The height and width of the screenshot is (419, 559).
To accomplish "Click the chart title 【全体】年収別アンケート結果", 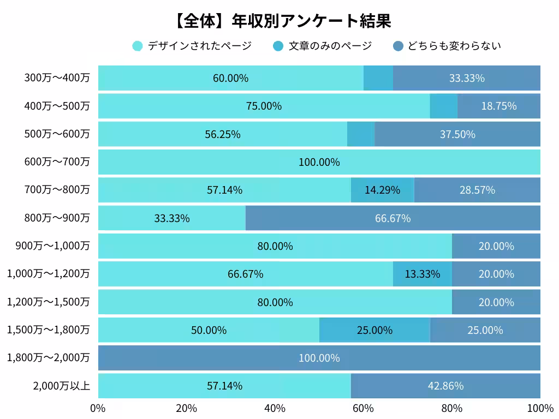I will coord(282,21).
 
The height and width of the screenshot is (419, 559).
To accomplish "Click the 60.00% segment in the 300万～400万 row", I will coord(230,78).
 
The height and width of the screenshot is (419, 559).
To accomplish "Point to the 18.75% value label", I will coord(498,106).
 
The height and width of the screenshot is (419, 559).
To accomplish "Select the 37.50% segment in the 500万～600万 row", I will coord(457,134).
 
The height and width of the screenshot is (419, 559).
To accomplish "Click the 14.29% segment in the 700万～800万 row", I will coord(382,190).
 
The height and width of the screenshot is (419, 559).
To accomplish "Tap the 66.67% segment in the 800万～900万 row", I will coord(393,218).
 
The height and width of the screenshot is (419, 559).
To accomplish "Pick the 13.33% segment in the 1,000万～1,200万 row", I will coord(422,274).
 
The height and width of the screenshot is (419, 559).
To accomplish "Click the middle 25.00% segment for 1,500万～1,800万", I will coord(374,330).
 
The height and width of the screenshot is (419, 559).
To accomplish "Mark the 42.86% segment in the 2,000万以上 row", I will coord(445,386).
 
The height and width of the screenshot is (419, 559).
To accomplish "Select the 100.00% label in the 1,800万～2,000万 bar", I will coord(319,358).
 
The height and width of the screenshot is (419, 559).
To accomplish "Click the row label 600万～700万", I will coord(57,162).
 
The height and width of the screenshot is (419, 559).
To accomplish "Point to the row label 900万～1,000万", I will coord(53,246).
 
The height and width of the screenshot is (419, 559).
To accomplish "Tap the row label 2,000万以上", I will coord(61,386).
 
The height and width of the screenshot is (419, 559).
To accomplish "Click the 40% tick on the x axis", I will coord(275,409).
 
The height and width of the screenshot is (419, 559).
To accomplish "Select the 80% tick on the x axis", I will coord(451,409).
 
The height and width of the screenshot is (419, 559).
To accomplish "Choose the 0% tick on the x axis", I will coord(98,409).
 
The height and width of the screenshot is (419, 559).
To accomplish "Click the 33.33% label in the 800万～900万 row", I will coord(172,218).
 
